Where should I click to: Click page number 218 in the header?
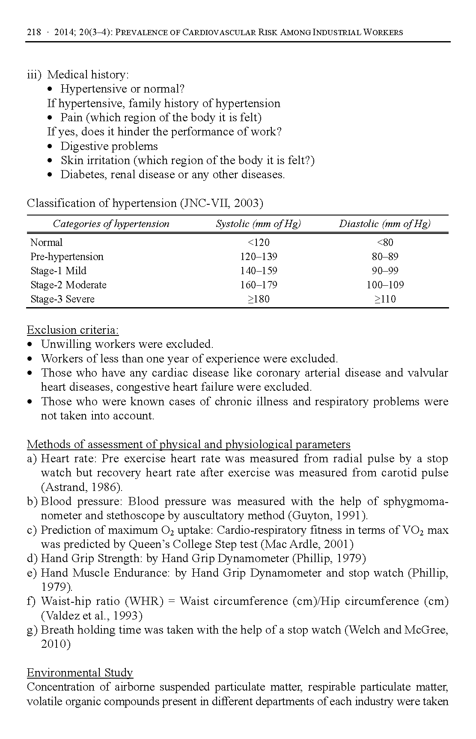(x=34, y=32)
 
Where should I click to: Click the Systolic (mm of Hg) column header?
(x=258, y=224)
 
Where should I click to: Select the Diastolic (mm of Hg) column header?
(x=384, y=224)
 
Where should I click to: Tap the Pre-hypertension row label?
(x=67, y=257)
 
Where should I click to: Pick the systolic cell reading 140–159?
(x=259, y=271)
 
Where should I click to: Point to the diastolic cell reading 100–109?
(x=385, y=285)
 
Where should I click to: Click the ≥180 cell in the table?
(x=259, y=299)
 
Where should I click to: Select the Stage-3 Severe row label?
(x=62, y=299)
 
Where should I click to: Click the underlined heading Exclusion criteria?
(x=73, y=330)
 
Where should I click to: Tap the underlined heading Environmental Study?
(x=80, y=673)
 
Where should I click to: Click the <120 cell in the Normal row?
(x=259, y=242)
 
